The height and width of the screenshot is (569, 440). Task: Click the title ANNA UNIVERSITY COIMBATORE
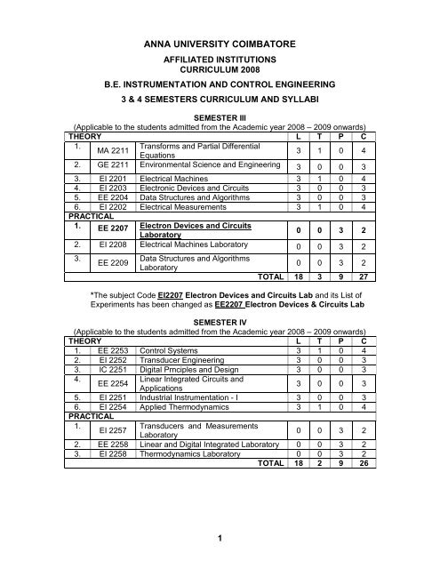click(220, 40)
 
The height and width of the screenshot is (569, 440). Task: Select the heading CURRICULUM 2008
click(219, 75)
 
